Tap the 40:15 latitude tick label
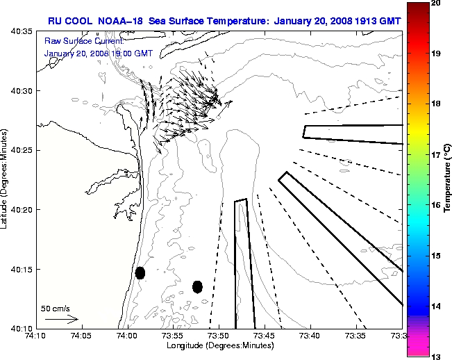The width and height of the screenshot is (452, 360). (x=23, y=269)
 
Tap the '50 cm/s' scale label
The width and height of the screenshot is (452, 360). (x=56, y=308)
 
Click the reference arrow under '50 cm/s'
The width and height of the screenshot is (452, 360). (x=62, y=319)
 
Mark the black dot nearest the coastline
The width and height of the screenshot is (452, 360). (x=140, y=272)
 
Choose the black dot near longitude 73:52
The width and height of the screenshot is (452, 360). (x=197, y=286)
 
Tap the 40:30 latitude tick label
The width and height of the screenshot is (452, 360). (x=23, y=91)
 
